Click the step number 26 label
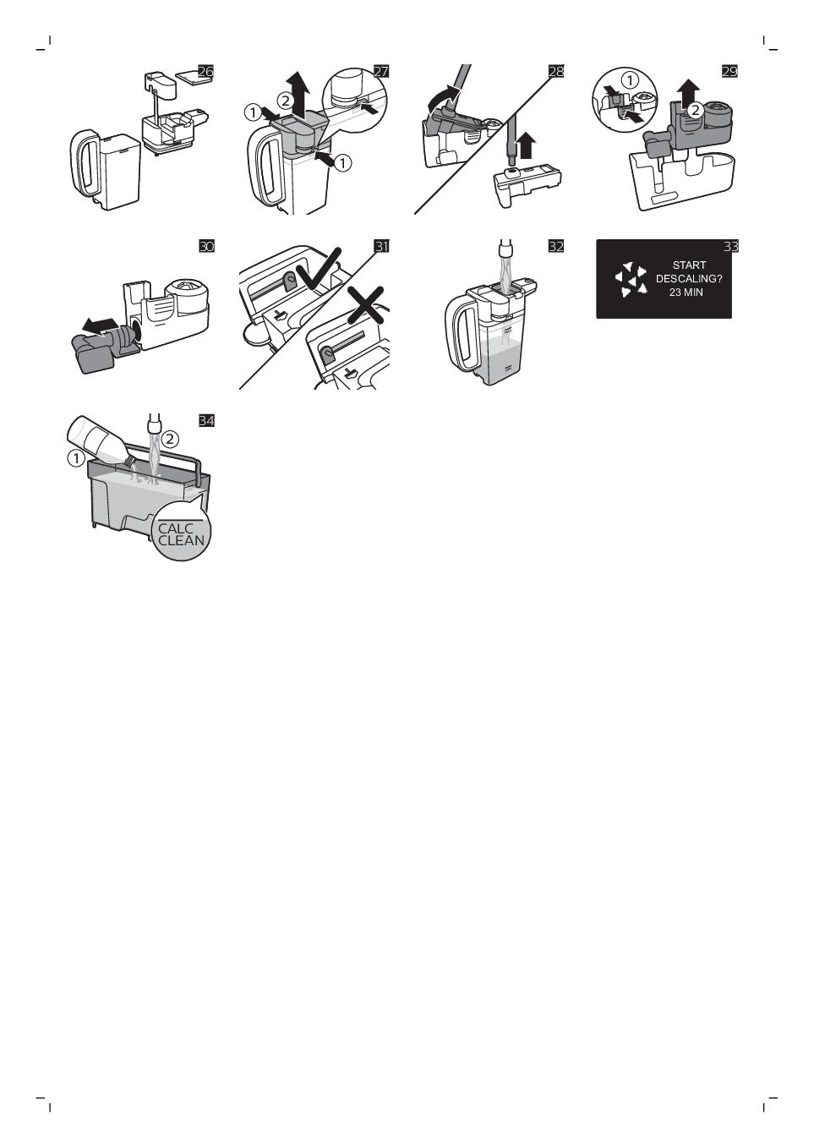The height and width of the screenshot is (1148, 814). pyautogui.click(x=205, y=71)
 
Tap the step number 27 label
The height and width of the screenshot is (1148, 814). pyautogui.click(x=381, y=71)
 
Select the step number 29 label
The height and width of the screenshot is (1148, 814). pyautogui.click(x=730, y=71)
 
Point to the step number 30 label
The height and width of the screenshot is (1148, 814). pyautogui.click(x=205, y=246)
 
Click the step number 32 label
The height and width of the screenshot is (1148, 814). pyautogui.click(x=555, y=246)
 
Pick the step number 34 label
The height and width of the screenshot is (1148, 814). pyautogui.click(x=205, y=420)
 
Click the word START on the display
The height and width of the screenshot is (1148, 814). pyautogui.click(x=689, y=265)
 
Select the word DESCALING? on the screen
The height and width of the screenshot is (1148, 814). pyautogui.click(x=689, y=279)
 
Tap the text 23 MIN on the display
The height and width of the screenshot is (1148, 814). pyautogui.click(x=686, y=292)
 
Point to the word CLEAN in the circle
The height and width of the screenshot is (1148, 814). pyautogui.click(x=182, y=540)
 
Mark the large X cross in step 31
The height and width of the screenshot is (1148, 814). pyautogui.click(x=365, y=305)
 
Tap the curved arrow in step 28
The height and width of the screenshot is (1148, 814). pyautogui.click(x=443, y=98)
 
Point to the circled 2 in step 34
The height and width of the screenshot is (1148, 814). pyautogui.click(x=171, y=439)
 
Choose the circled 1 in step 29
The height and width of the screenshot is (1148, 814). pyautogui.click(x=630, y=80)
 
